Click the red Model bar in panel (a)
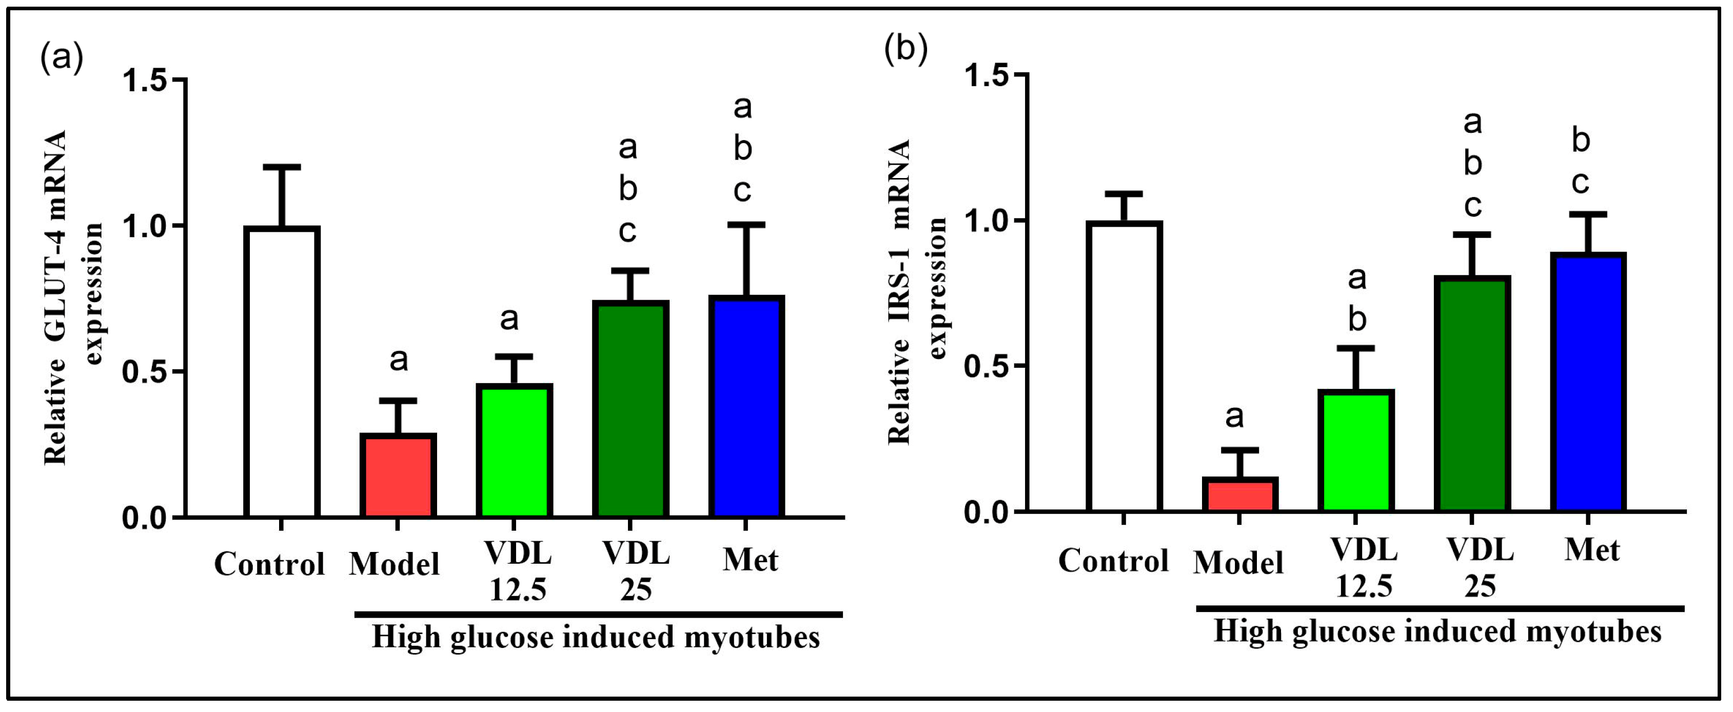click(398, 476)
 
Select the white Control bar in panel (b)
click(1124, 367)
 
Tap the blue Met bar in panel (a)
click(746, 407)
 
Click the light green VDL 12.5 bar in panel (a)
click(515, 451)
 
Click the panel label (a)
click(62, 57)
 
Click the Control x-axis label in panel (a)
click(269, 564)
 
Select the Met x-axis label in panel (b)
click(1592, 550)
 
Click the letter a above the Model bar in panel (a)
click(398, 360)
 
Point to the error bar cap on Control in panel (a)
click(281, 166)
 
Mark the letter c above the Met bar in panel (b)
click(1580, 183)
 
